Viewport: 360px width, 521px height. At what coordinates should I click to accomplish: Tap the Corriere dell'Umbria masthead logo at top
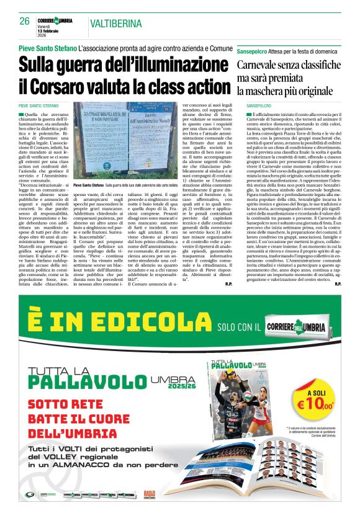point(55,20)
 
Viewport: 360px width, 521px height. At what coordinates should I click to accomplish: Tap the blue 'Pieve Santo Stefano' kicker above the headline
point(47,48)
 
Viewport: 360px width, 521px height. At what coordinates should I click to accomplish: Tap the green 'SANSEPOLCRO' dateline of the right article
point(255,106)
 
